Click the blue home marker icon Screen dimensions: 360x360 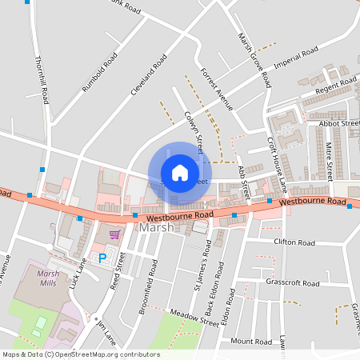[180, 173]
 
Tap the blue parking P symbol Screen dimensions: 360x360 [102, 258]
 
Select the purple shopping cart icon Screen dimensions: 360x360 [115, 234]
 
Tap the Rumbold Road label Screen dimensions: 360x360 [99, 73]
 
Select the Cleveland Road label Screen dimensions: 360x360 [149, 75]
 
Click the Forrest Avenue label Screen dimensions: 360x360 [216, 88]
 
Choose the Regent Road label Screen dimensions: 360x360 [334, 89]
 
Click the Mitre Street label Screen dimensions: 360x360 [329, 161]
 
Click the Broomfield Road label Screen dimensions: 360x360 [150, 287]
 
